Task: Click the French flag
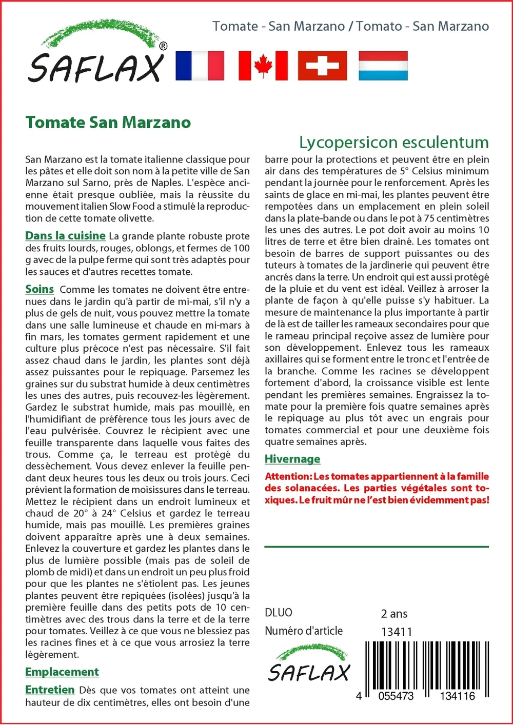[x=200, y=66]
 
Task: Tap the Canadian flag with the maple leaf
[x=263, y=66]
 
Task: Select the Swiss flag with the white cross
[x=322, y=66]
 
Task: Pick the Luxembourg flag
[x=383, y=66]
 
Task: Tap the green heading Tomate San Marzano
[x=108, y=123]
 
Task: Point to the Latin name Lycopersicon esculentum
[x=393, y=142]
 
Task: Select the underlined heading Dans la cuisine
[x=65, y=236]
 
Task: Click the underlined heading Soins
[x=40, y=289]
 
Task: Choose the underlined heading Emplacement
[x=62, y=672]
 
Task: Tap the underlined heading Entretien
[x=50, y=690]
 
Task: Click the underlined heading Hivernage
[x=292, y=459]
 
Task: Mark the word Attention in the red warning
[x=288, y=476]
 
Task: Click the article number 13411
[x=397, y=632]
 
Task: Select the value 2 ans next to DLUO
[x=394, y=614]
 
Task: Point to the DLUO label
[x=279, y=613]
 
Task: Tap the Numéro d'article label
[x=304, y=631]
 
